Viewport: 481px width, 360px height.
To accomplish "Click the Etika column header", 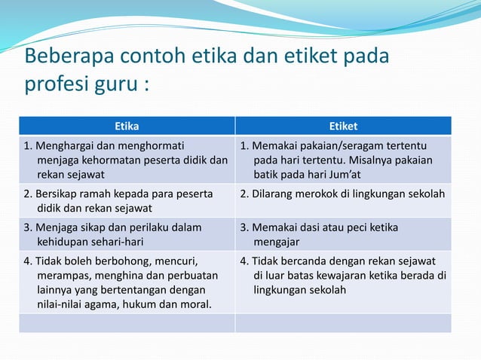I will coord(126,126).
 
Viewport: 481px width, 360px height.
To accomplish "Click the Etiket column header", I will coord(343,126).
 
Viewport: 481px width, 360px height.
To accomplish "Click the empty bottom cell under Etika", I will coord(126,324).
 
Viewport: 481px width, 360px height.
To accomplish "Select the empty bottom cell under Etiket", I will coord(343,324).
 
